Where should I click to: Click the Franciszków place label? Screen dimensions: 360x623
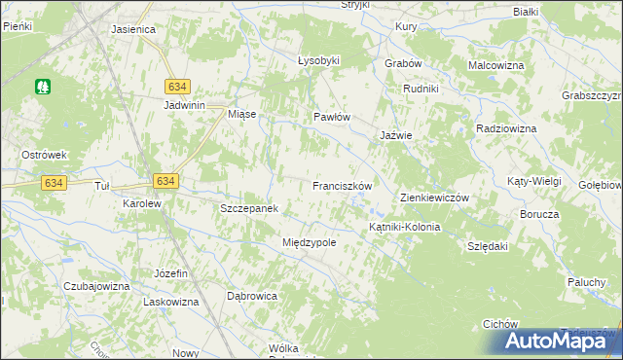(x=343, y=185)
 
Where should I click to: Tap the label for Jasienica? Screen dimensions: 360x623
(x=134, y=29)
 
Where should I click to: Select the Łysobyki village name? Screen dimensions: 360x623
(x=318, y=60)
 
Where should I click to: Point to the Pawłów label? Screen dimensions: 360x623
(x=331, y=117)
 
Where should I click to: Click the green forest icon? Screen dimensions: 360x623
(x=43, y=87)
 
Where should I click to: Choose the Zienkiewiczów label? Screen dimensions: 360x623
(x=435, y=198)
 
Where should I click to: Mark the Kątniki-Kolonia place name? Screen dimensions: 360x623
(x=404, y=227)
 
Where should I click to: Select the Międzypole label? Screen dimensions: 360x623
(x=309, y=242)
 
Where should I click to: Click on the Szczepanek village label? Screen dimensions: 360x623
(x=250, y=209)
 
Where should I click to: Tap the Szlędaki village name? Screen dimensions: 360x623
(x=489, y=247)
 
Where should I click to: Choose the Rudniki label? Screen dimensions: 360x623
(x=421, y=89)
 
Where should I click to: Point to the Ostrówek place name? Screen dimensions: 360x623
(x=44, y=155)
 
